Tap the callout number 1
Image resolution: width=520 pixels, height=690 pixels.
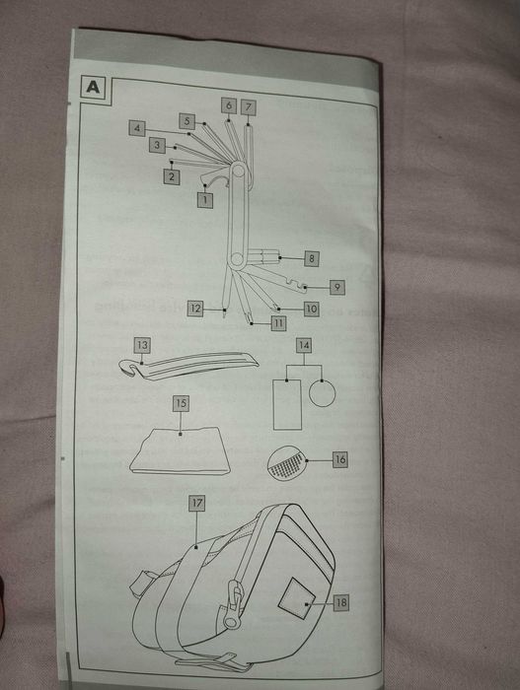[205, 199]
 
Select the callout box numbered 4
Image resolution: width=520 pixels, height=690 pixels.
[136, 127]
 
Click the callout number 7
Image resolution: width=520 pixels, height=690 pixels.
[249, 105]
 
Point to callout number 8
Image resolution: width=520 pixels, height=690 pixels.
[311, 258]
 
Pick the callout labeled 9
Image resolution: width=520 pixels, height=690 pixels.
[337, 287]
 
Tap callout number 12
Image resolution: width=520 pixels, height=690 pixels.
[195, 309]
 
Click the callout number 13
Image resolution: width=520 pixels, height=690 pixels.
[143, 345]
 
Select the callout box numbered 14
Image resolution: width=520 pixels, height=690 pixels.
[304, 346]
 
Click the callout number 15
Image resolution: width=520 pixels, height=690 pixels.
[181, 403]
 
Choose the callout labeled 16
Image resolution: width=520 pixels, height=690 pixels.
[339, 459]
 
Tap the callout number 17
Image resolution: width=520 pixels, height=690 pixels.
[196, 503]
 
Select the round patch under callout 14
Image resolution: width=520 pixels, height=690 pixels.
[323, 393]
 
